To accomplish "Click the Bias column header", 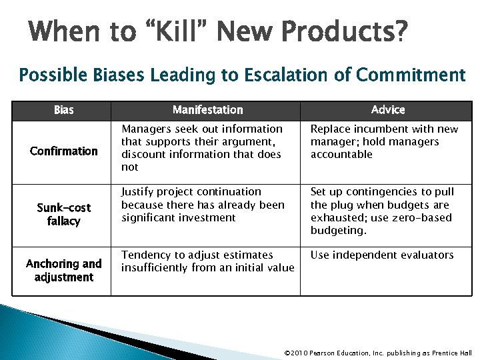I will (x=63, y=109).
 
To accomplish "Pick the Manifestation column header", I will (x=207, y=109).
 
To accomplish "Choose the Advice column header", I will (x=387, y=109).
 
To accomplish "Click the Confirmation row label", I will (x=64, y=151).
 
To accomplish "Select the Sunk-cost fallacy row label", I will (x=64, y=214).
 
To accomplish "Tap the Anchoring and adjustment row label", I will (x=64, y=270).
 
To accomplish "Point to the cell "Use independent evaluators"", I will (x=381, y=255).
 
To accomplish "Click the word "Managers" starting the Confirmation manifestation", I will (x=145, y=129).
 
